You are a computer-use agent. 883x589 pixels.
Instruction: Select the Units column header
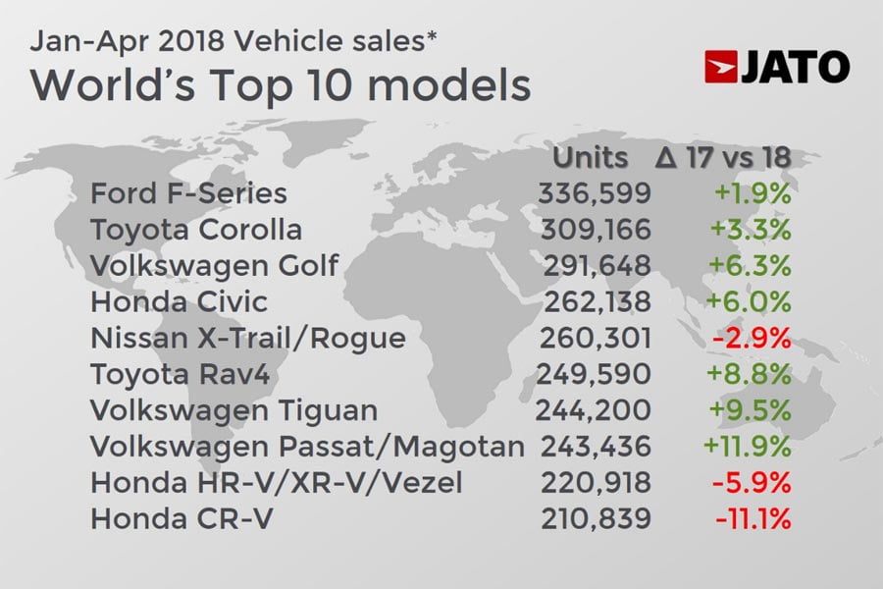[591, 157]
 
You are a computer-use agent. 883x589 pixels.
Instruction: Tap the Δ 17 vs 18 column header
[722, 157]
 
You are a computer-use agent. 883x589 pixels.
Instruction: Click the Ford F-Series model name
[188, 193]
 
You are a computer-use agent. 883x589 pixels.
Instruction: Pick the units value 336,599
[594, 193]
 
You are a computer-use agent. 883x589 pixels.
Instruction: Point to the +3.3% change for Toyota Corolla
[753, 230]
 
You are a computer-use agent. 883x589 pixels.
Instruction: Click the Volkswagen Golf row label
[214, 266]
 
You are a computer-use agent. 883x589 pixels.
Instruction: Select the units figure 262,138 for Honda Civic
[594, 302]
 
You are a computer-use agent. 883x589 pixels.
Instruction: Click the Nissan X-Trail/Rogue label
[247, 339]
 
